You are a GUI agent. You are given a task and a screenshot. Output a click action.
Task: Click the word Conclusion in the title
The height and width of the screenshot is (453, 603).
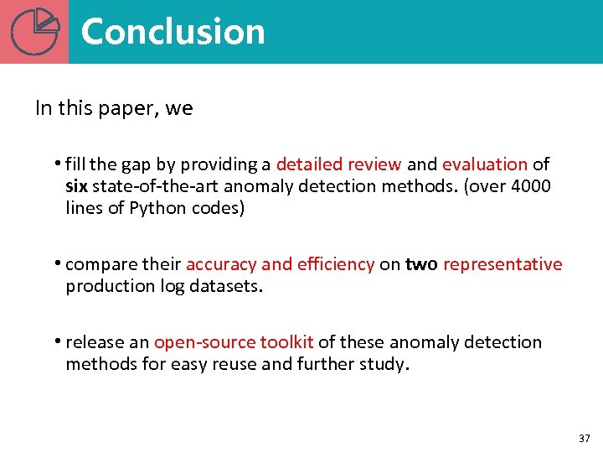click(x=173, y=32)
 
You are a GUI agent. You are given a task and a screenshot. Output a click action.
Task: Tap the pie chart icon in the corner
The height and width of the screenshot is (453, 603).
click(x=35, y=31)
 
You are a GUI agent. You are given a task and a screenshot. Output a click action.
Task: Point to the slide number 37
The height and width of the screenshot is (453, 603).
click(x=584, y=439)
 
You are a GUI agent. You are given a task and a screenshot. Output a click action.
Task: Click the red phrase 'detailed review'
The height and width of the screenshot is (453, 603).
click(x=338, y=164)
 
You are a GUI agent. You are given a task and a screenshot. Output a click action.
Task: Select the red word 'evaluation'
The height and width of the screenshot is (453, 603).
click(x=485, y=164)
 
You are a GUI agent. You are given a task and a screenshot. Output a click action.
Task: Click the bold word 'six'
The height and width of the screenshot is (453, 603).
click(x=76, y=186)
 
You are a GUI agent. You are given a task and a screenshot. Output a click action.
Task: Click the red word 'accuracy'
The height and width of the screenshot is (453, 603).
click(x=221, y=264)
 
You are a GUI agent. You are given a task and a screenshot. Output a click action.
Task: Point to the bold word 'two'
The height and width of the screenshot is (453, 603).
click(x=421, y=264)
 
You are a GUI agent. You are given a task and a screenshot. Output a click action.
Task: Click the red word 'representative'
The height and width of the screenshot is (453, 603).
click(x=502, y=264)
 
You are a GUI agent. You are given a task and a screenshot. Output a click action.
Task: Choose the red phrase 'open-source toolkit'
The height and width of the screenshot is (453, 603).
click(x=234, y=342)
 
